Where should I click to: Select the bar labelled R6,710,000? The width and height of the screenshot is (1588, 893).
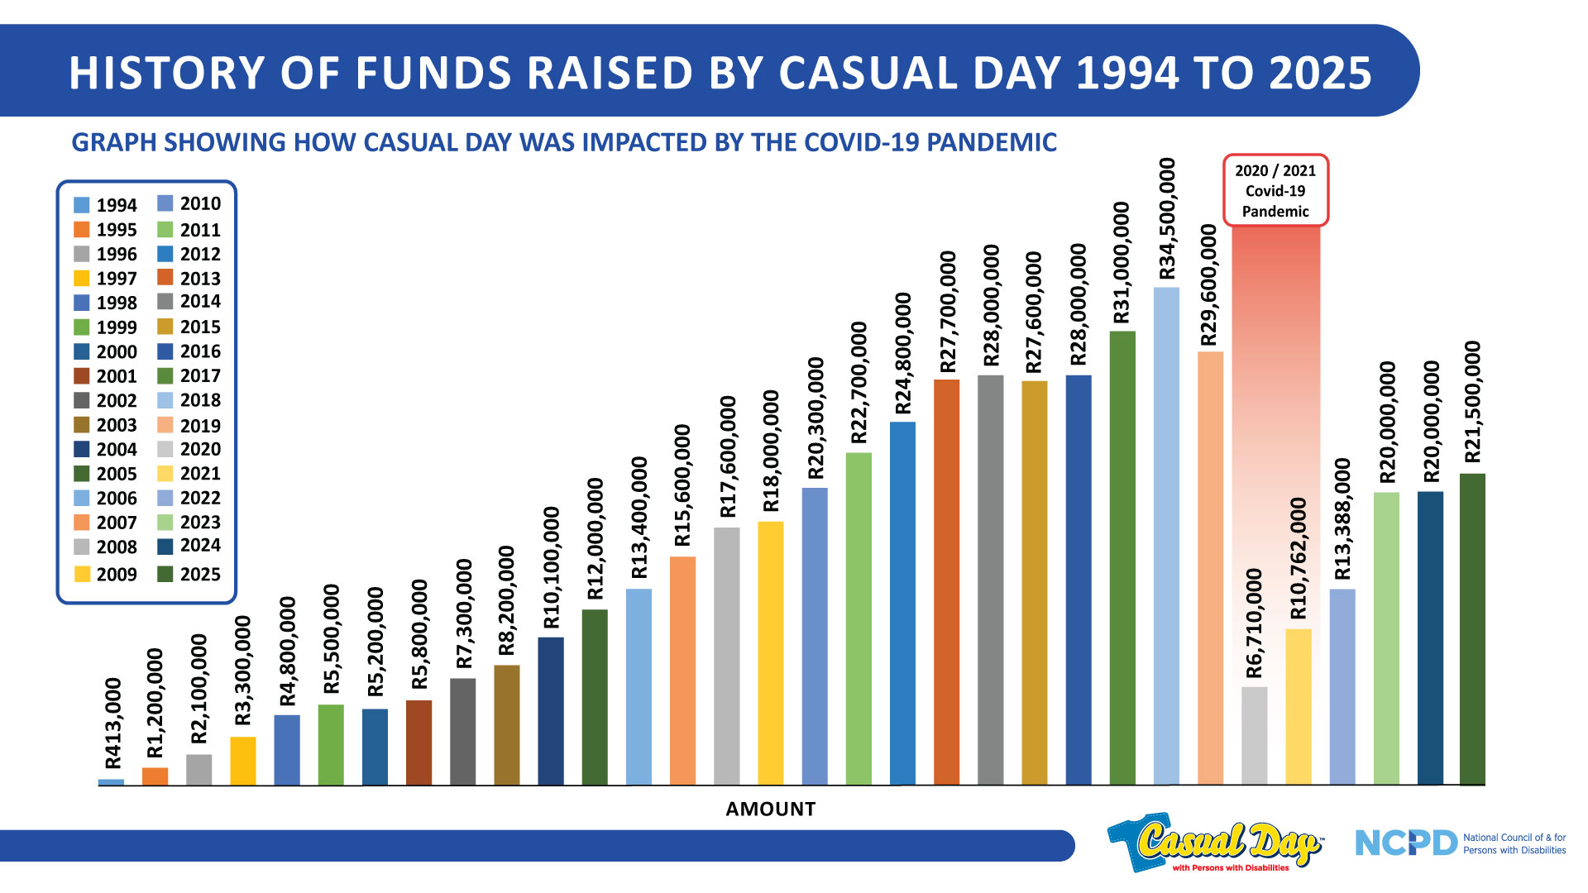1254,735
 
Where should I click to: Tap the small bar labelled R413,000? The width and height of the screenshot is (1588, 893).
111,781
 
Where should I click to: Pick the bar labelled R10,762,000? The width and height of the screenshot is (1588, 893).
1298,706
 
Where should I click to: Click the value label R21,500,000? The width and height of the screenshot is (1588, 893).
1472,403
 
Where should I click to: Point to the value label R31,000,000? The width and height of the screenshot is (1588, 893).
1122,263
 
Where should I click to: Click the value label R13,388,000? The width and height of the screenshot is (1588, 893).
1342,519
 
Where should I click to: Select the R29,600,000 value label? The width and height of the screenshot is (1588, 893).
1209,285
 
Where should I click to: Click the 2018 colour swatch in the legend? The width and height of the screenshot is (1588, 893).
165,401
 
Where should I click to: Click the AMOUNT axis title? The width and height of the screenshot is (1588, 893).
770,809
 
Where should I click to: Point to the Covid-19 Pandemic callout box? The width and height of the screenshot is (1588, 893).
1275,190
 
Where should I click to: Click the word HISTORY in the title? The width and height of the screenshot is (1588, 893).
166,73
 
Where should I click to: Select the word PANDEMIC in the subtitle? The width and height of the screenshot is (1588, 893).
992,142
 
